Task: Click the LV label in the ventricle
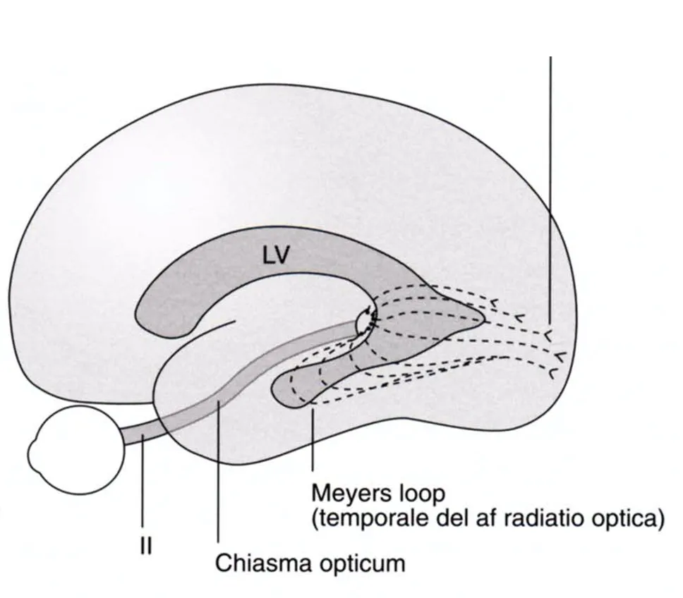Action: click(x=276, y=255)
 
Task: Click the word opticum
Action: click(x=363, y=564)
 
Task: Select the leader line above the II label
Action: click(x=143, y=482)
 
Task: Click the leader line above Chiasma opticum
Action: click(x=218, y=471)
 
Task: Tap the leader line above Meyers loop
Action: click(x=313, y=437)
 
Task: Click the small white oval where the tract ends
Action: click(x=364, y=322)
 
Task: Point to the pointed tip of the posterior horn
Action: click(x=484, y=320)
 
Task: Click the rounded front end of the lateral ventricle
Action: click(x=146, y=315)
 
